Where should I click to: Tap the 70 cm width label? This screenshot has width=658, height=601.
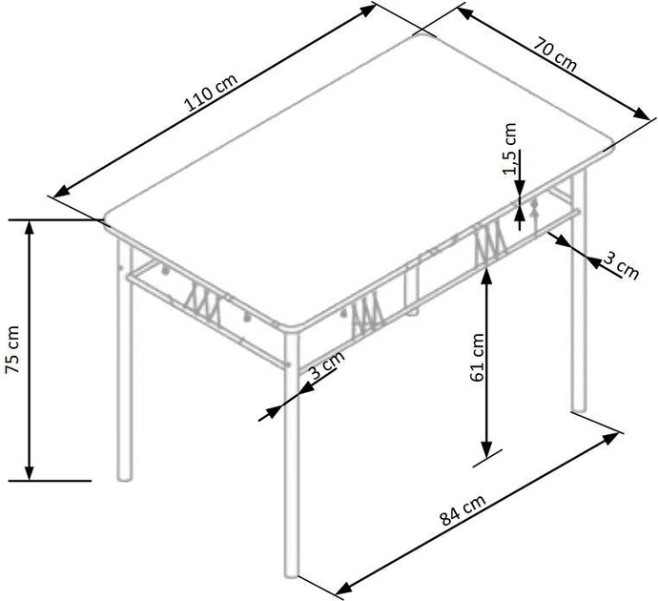556,57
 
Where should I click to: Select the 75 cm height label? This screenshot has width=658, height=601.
13,350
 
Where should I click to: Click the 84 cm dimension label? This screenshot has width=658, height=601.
463,514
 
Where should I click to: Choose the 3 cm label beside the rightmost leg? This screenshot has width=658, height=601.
620,265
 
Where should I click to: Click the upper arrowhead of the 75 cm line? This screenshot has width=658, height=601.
30,226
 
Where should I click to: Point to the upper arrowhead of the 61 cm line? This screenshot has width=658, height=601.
487,275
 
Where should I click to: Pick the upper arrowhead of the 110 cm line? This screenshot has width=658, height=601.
370,9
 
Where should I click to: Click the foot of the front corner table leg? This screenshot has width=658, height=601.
293,574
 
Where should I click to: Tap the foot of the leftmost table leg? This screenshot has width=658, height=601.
121,476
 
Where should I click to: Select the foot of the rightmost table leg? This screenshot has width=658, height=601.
579,410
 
